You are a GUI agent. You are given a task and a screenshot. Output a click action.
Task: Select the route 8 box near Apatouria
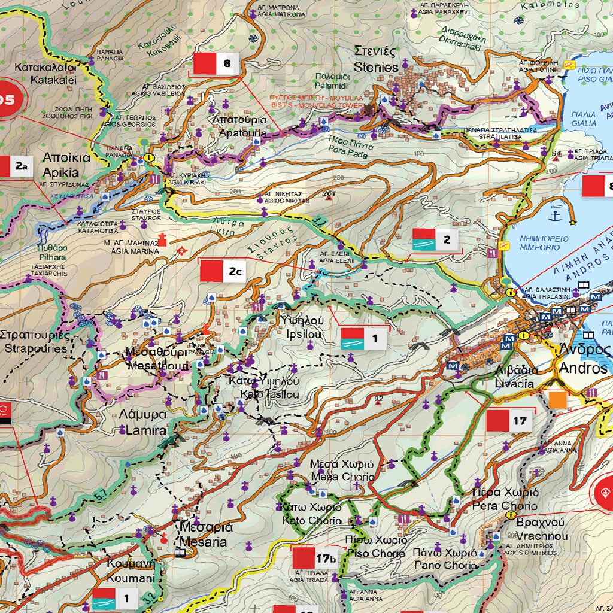click(216, 63)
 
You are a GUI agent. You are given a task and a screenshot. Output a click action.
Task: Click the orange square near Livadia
click(558, 399)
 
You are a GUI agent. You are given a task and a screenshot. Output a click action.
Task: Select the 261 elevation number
click(329, 193)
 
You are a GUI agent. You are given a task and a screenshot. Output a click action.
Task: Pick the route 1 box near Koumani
click(116, 597)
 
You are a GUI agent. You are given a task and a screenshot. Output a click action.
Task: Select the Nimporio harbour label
click(543, 242)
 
